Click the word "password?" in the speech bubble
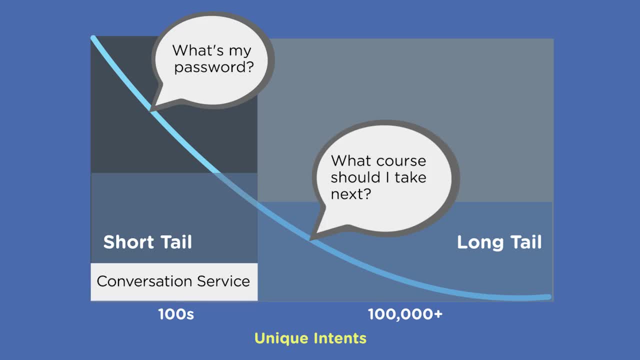click(214, 67)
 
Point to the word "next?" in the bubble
click(351, 193)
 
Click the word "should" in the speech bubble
click(355, 177)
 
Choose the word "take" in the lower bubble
click(410, 177)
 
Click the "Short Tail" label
click(147, 242)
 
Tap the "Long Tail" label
click(499, 242)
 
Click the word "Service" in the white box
click(223, 281)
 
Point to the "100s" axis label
click(176, 314)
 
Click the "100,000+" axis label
click(405, 314)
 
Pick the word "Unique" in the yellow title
click(281, 338)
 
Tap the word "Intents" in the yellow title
click(340, 338)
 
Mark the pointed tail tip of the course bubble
click(310, 239)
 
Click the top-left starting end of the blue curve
click(93, 37)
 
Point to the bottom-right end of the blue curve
click(549, 297)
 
